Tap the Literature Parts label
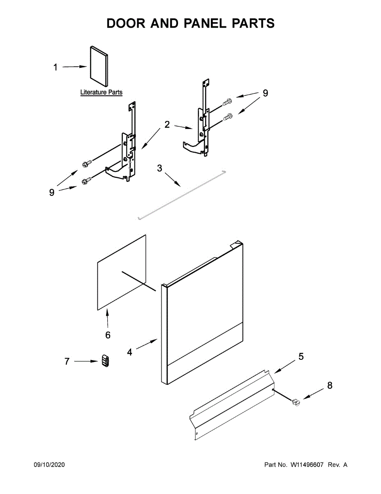tap(101, 93)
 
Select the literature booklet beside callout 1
tap(99, 68)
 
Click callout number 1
tap(56, 68)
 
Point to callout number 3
tap(159, 168)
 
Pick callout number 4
tap(129, 352)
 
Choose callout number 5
tap(301, 357)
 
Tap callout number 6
tap(108, 335)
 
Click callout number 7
tap(67, 361)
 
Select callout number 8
tap(330, 386)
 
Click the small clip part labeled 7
tap(106, 361)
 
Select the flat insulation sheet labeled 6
tap(122, 272)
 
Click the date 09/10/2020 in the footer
tap(49, 465)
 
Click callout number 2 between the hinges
tap(167, 124)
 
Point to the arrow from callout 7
tap(85, 361)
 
